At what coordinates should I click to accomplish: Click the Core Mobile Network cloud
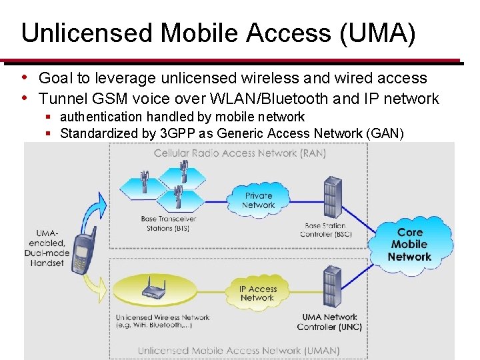409,245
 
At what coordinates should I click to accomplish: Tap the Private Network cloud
258,200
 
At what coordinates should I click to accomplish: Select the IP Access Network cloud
257,293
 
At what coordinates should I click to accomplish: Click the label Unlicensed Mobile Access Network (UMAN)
238,350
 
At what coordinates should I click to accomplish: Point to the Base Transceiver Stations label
168,223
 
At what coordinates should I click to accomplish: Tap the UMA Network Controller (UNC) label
329,322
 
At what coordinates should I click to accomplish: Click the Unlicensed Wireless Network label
162,321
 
